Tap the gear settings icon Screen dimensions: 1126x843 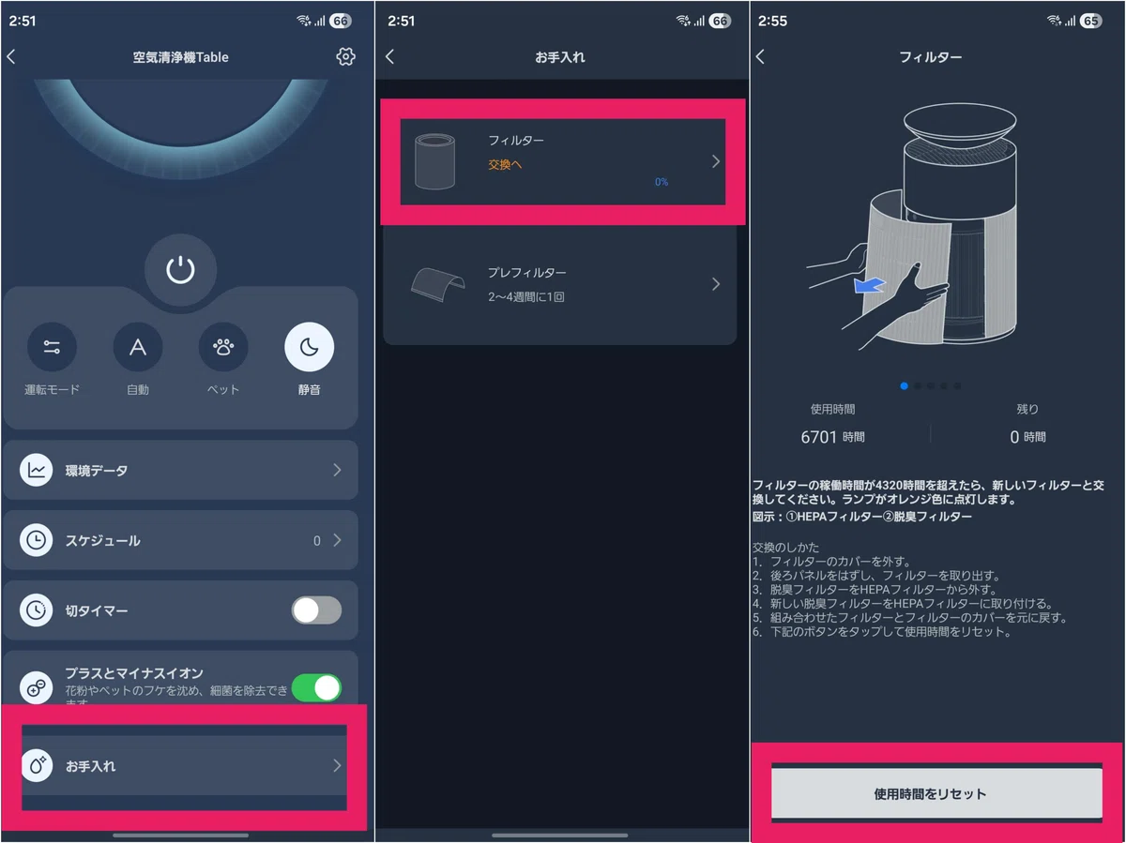(345, 56)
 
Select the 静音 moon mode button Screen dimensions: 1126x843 (309, 347)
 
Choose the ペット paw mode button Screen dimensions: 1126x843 (223, 347)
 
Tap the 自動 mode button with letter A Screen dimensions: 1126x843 (138, 347)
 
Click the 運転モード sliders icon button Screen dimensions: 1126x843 (52, 347)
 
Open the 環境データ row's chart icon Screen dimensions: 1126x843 (36, 470)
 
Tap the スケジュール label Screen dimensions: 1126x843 (102, 541)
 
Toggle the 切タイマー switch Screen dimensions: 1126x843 (316, 610)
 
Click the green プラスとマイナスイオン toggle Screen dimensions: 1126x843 (316, 687)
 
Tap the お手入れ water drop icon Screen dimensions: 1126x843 (37, 765)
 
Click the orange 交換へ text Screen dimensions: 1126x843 (505, 164)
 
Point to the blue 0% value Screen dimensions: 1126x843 (662, 182)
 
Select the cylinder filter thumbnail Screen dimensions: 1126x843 (434, 161)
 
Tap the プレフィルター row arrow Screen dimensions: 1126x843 (716, 284)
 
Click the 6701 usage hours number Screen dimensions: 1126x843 (818, 437)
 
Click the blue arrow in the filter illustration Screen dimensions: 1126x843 (869, 285)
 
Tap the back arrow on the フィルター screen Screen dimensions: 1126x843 (760, 56)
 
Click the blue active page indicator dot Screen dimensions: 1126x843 (904, 386)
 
